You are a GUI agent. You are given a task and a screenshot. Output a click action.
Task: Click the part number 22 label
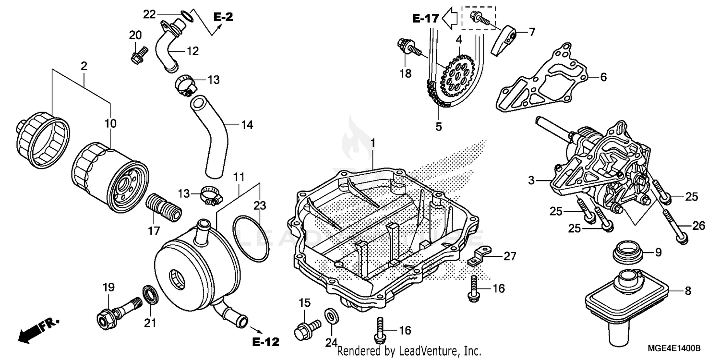150,14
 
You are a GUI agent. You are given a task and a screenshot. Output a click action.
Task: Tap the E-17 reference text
425,19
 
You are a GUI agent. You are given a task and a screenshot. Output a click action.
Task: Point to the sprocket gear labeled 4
459,76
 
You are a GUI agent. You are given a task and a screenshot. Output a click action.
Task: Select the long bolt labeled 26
675,225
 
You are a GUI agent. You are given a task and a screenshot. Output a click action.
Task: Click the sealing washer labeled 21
149,295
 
